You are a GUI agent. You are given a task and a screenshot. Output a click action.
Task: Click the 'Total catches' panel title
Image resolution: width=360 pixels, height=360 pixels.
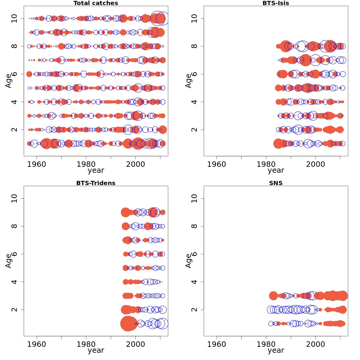[x=96, y=3]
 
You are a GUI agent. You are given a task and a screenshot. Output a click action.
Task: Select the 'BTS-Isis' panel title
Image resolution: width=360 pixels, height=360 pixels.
[x=276, y=3]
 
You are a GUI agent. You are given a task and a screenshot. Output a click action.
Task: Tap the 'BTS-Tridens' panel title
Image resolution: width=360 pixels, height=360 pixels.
[x=96, y=183]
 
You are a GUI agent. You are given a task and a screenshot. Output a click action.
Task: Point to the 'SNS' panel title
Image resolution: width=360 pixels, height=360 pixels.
[x=276, y=183]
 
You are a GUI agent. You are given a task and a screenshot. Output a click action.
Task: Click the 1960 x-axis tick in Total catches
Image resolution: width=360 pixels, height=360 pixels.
[x=37, y=164]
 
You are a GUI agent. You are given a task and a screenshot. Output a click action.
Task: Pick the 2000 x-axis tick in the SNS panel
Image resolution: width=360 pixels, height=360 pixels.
[x=315, y=344]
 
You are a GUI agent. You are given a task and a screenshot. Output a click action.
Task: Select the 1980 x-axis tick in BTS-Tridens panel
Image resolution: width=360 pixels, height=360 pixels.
[x=86, y=344]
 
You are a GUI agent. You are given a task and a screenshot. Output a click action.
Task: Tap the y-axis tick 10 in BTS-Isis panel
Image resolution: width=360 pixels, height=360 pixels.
[x=195, y=19]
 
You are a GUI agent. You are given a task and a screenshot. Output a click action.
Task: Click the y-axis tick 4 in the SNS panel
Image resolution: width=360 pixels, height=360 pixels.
[x=195, y=282]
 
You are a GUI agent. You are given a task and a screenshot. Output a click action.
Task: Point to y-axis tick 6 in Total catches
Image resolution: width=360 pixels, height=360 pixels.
[x=15, y=74]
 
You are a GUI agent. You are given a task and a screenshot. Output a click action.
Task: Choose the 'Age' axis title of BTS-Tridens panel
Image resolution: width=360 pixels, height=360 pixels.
[x=8, y=261]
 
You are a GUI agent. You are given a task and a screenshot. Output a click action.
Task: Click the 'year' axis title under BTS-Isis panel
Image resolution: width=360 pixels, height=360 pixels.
[x=276, y=170]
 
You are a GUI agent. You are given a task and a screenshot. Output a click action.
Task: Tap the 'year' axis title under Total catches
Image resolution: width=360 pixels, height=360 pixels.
[x=96, y=170]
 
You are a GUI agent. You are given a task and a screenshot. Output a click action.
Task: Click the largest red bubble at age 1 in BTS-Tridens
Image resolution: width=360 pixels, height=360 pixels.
[x=129, y=323]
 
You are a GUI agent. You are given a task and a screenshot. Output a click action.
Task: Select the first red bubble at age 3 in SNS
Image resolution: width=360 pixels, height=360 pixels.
[x=273, y=296]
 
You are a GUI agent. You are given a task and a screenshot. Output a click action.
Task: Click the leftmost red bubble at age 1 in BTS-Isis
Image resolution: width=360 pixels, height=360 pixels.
[x=278, y=143]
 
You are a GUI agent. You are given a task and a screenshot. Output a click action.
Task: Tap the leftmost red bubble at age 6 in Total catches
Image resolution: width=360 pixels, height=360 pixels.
[x=29, y=74]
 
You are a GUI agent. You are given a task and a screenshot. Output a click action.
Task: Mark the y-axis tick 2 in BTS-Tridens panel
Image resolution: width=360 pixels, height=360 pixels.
[x=15, y=310]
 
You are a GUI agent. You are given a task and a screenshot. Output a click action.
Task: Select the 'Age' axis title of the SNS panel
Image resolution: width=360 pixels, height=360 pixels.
[x=188, y=261]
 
